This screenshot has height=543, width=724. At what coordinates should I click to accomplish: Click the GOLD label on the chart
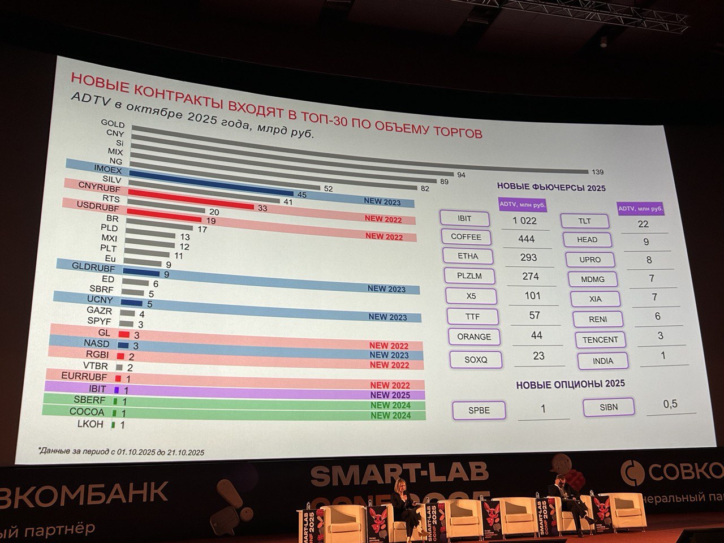pyautogui.click(x=113, y=123)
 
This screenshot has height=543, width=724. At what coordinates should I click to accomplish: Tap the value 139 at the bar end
pyautogui.click(x=597, y=172)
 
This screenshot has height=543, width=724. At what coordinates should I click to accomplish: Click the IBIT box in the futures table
pyautogui.click(x=464, y=218)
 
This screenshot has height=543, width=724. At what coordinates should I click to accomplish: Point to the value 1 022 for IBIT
pyautogui.click(x=524, y=221)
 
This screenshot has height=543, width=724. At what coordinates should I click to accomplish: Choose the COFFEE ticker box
pyautogui.click(x=466, y=237)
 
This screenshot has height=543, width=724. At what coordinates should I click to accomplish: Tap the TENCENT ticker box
pyautogui.click(x=600, y=340)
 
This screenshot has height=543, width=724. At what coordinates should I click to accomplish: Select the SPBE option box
pyautogui.click(x=479, y=410)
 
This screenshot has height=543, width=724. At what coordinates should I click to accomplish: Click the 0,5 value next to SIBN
pyautogui.click(x=670, y=404)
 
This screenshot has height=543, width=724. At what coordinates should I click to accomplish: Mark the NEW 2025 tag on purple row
pyautogui.click(x=390, y=395)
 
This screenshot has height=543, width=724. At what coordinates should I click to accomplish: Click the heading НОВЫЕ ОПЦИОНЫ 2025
pyautogui.click(x=570, y=384)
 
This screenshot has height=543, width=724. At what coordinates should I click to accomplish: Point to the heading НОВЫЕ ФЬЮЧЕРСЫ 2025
pyautogui.click(x=551, y=188)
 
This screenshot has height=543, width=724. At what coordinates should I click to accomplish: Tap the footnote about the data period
pyautogui.click(x=122, y=452)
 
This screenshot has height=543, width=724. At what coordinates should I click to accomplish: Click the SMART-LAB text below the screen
pyautogui.click(x=399, y=475)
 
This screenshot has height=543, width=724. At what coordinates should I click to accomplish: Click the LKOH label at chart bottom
pyautogui.click(x=90, y=424)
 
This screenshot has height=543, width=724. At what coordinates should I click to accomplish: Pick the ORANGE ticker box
pyautogui.click(x=474, y=337)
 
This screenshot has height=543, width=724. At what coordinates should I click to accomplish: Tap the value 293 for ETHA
pyautogui.click(x=528, y=257)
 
